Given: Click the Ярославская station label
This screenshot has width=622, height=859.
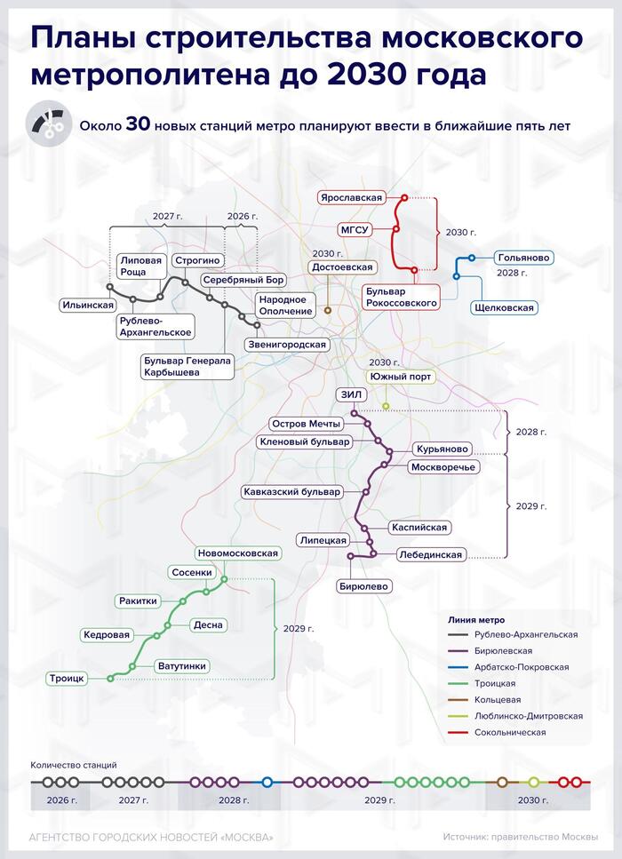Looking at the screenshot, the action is coord(351,198).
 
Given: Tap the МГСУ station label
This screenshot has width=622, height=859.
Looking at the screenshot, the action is coord(355,230).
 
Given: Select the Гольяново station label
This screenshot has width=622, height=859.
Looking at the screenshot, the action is coord(523,258).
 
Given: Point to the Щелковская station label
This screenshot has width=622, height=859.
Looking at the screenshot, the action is coord(504,308).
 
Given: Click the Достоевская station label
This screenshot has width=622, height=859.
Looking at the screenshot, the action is coord(342,267).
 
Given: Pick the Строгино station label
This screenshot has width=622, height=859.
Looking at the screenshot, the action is coord(197,261).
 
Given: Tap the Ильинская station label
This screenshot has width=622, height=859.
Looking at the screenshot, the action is coord(88,306).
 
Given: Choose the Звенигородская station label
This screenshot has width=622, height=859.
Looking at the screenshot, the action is coord(287,345).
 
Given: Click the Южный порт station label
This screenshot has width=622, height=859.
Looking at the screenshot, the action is coord(401,377).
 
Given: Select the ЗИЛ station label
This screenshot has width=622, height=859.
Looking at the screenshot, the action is coord(351,394).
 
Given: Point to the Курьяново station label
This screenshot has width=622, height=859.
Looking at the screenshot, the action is coord(443,449).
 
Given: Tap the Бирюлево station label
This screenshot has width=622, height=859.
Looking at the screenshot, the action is coord(363,586).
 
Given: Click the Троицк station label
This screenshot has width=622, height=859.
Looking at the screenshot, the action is coord(67,679).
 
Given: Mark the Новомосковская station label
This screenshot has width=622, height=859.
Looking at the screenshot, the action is coord(238,553).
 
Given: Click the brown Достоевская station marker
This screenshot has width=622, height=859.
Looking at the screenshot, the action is coord(328,310).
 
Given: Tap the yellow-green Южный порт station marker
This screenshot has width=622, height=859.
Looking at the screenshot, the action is coord(386,406).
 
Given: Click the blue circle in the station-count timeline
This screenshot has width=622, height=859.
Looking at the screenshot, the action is coord(267,783).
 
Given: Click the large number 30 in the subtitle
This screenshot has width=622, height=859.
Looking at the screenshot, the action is coord(138,124).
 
